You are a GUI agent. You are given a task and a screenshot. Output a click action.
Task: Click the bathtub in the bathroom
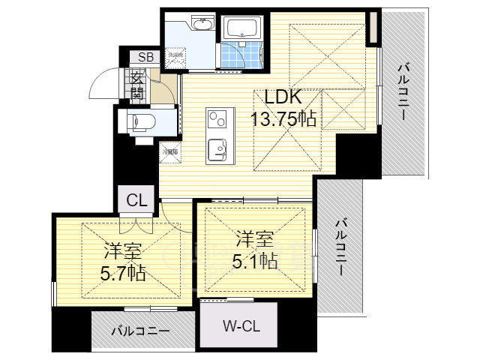pyautogui.click(x=240, y=29)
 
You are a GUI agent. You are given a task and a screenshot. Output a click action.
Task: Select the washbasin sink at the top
pyautogui.click(x=202, y=25)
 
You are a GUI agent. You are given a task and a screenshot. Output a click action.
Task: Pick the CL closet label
pyautogui.click(x=136, y=200)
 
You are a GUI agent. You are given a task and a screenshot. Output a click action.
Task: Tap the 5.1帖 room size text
pyautogui.click(x=254, y=260)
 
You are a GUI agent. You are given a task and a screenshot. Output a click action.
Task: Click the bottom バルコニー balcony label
pyautogui.click(x=140, y=330)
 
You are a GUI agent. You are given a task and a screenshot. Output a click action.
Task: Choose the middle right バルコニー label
pyautogui.click(x=340, y=247)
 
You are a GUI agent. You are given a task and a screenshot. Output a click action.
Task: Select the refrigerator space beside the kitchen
pyautogui.click(x=169, y=151)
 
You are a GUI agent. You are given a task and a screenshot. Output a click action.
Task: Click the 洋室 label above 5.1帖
pyautogui.click(x=254, y=239)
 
